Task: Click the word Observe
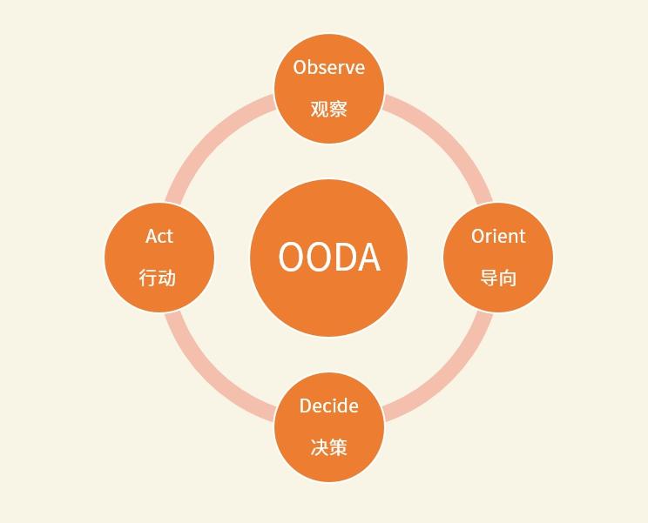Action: [x=328, y=67]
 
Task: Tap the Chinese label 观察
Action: [x=328, y=109]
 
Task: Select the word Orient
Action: [x=498, y=236]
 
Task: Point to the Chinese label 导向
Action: [x=498, y=278]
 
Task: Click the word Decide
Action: [x=328, y=406]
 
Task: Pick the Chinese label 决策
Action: [x=328, y=447]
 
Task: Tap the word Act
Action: [x=159, y=236]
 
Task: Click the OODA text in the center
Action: [x=329, y=258]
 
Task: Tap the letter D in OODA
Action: [x=344, y=258]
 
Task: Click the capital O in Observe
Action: [x=300, y=67]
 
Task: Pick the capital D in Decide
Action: [x=306, y=406]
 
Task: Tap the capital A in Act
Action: [x=152, y=236]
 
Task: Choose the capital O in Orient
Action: [x=478, y=236]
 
